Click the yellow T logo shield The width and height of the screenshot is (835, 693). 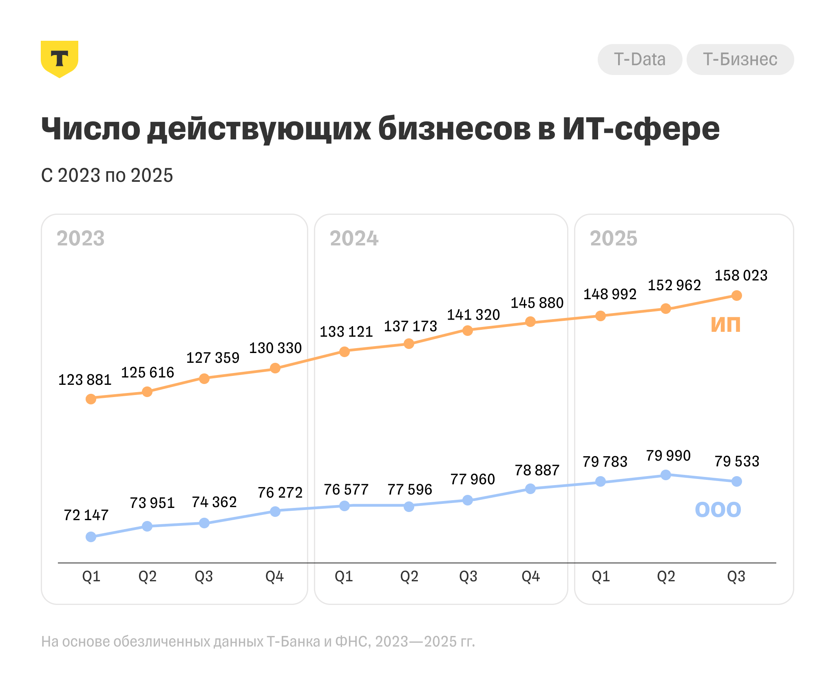click(60, 59)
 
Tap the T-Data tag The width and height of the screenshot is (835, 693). click(639, 60)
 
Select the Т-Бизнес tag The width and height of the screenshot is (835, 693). click(740, 60)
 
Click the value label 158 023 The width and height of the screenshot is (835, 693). click(741, 276)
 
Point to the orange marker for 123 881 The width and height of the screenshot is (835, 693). click(91, 399)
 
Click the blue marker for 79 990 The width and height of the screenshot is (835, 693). click(665, 475)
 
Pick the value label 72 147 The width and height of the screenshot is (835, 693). click(86, 515)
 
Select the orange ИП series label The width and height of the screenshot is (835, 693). click(725, 325)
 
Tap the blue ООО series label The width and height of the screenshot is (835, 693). click(718, 510)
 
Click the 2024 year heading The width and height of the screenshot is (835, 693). click(354, 238)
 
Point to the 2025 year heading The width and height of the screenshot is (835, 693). click(613, 238)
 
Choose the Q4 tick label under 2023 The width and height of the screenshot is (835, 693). click(274, 576)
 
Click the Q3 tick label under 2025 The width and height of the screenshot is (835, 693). click(736, 576)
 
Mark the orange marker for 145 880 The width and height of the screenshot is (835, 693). click(530, 322)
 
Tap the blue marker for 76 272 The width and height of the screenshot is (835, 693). click(275, 511)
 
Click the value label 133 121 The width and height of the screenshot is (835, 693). click(346, 332)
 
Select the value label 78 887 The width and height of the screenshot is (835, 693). click(537, 470)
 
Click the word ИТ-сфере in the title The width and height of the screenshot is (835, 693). click(641, 129)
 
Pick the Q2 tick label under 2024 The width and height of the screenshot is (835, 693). click(409, 576)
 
